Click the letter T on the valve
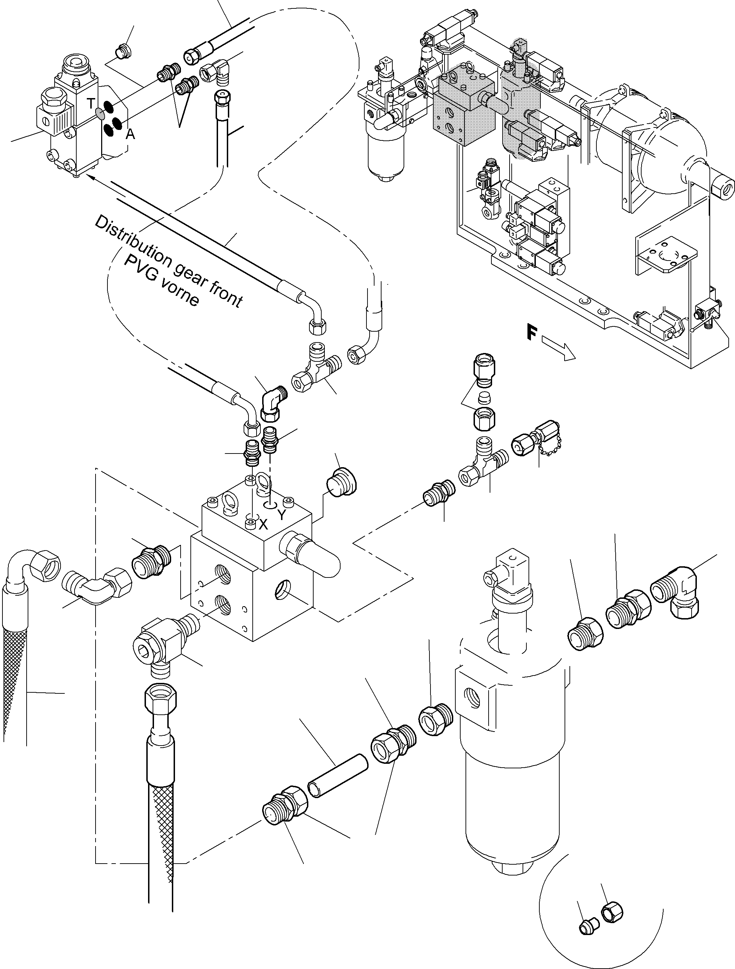point(91,103)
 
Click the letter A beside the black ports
point(130,134)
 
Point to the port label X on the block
point(263,524)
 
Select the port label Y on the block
point(281,515)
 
